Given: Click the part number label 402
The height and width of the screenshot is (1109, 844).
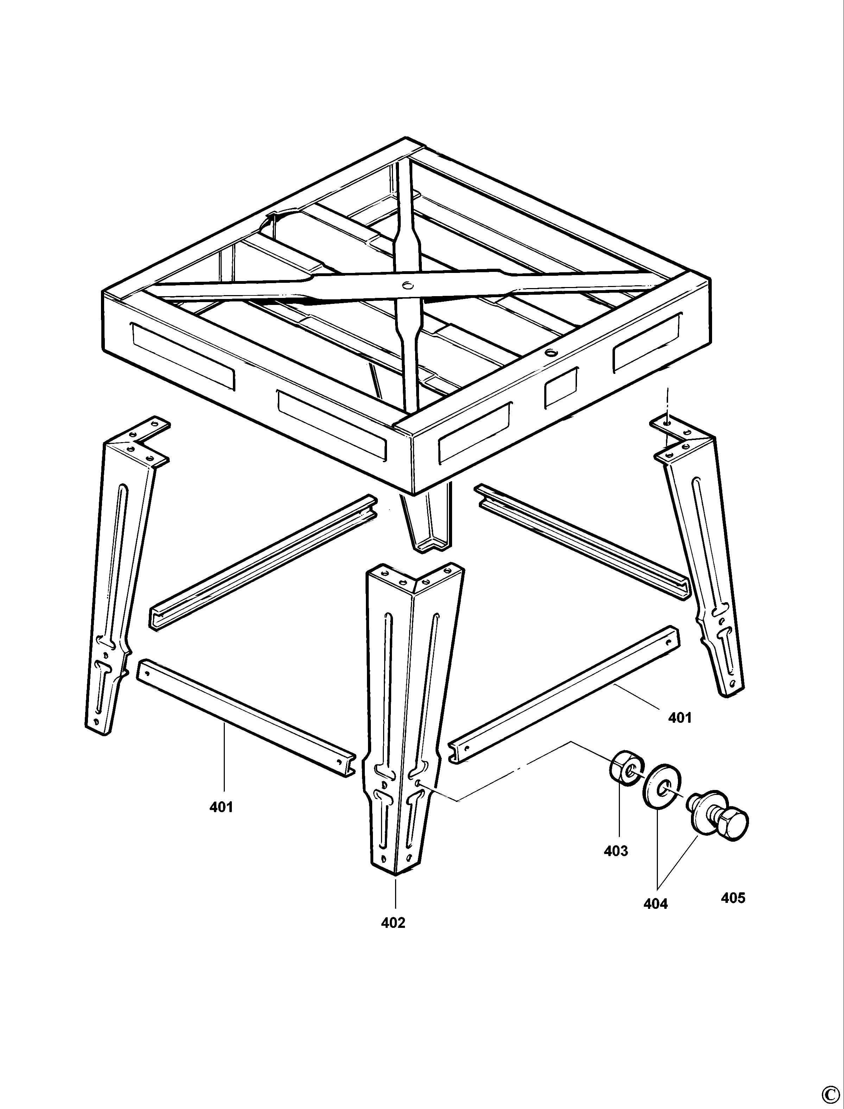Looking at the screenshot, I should (x=393, y=923).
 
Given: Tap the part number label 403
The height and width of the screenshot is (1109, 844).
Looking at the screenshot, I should (x=616, y=851).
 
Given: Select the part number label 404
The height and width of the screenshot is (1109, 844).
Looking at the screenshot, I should (x=656, y=904).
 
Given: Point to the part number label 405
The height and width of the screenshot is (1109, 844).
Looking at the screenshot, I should (x=733, y=898).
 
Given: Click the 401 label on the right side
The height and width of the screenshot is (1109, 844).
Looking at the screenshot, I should (x=680, y=718).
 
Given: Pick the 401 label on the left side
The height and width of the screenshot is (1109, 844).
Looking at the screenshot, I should (x=221, y=807).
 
